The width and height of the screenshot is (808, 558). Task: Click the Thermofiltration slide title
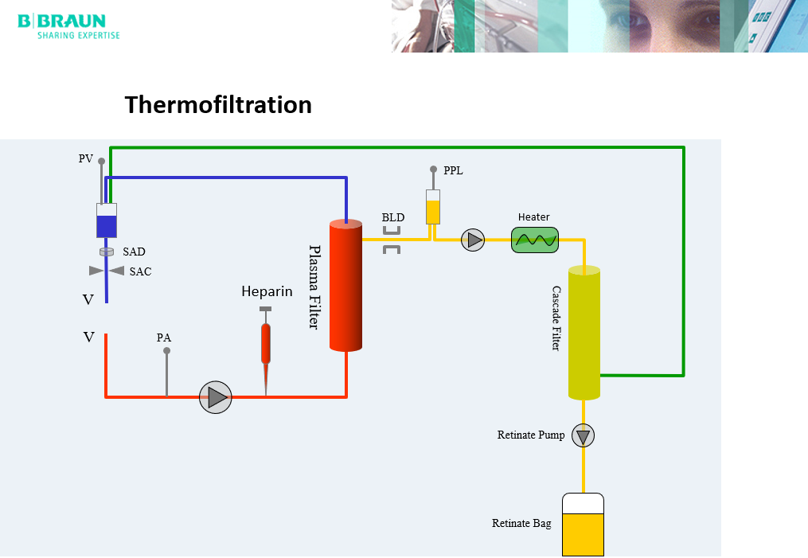coord(218,105)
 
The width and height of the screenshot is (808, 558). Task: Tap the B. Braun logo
coord(68,25)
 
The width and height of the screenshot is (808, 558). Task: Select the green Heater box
coord(535,240)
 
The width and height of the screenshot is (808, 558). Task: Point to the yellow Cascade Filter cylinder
coord(584,334)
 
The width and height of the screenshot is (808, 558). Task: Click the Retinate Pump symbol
coord(584,435)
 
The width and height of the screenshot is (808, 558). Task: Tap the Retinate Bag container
coord(583,525)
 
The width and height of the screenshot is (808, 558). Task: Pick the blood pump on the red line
coord(215,396)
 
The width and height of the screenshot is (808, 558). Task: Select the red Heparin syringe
coord(266,342)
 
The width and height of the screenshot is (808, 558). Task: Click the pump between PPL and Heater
coord(473,240)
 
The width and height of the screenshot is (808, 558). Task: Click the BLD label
coord(392,217)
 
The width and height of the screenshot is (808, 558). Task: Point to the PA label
coord(164,338)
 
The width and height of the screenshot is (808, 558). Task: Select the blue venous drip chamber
coord(107,220)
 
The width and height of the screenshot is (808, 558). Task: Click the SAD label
coord(134,252)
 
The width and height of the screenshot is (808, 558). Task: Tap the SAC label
coord(140,271)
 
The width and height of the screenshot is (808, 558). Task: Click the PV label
coord(85,159)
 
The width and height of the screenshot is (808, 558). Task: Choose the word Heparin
coord(267,292)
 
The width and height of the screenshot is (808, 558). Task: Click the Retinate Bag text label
coord(521,524)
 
